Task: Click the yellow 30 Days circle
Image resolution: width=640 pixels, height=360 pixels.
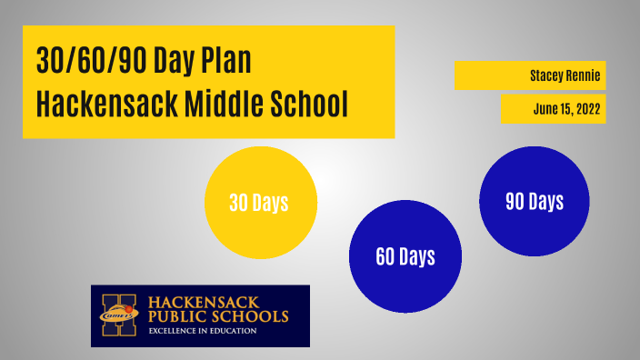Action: coord(260,203)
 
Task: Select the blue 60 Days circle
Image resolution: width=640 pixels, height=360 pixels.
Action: coord(405,256)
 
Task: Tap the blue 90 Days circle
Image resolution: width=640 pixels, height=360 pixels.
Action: coord(535,201)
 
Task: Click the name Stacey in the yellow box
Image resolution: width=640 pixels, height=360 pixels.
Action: coord(547,75)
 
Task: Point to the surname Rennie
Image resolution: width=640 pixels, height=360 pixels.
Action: coord(584,75)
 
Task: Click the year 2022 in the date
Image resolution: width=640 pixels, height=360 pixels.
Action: coord(586,108)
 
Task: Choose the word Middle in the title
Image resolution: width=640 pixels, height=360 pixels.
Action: coord(231,104)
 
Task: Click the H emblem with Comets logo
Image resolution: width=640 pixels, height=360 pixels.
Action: coord(121,315)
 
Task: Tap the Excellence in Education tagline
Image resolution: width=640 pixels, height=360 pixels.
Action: coord(203,331)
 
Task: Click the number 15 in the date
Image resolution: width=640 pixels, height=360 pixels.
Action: coord(565,108)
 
